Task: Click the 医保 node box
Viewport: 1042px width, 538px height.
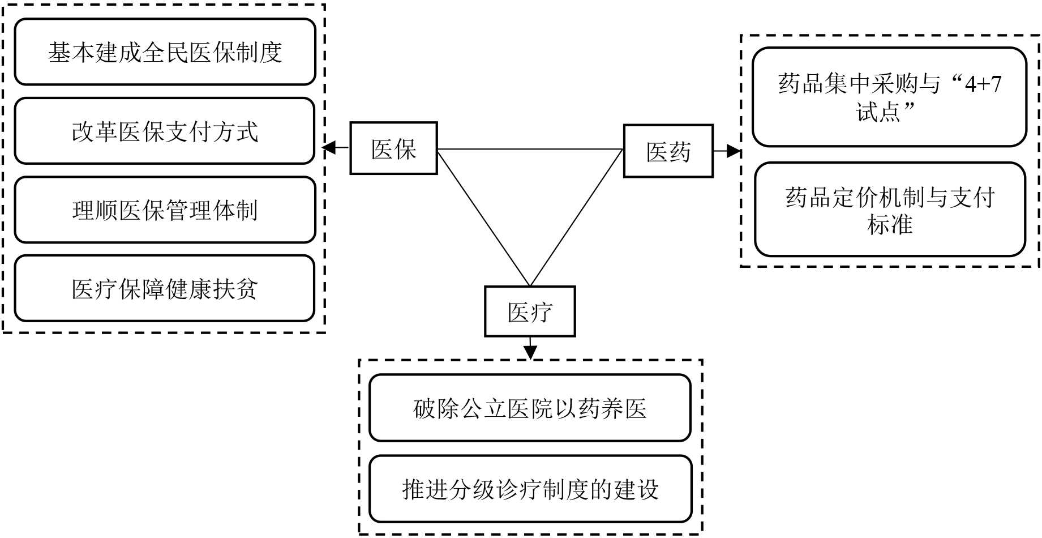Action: pos(393,148)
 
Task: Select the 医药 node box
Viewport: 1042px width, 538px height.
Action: pos(668,151)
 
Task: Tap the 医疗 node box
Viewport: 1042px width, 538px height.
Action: pos(530,311)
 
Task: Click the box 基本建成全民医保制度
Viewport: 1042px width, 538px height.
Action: pos(165,52)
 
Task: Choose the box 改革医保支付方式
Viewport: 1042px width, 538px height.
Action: pos(165,131)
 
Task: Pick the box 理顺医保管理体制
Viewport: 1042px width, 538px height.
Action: pos(165,210)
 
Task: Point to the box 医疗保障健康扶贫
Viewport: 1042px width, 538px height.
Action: pos(165,288)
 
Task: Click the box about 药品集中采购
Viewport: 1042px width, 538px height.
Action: pos(889,97)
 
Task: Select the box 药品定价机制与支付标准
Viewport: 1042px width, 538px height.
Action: pos(890,210)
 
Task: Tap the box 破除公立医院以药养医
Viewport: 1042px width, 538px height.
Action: pos(530,408)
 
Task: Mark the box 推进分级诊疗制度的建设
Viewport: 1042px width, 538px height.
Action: pos(530,489)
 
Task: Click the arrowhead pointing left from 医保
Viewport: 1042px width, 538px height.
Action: pos(329,148)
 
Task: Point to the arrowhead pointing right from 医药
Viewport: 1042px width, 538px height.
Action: pos(734,151)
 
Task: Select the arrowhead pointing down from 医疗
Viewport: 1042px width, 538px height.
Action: pos(530,352)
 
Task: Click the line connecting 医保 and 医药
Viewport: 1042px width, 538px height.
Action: pos(530,150)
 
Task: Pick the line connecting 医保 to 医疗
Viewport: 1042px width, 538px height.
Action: pos(483,217)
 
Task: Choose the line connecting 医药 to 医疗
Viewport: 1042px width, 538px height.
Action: pos(576,217)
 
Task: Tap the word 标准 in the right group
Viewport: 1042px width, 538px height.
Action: pos(890,225)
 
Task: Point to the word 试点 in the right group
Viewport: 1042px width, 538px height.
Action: pos(878,112)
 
